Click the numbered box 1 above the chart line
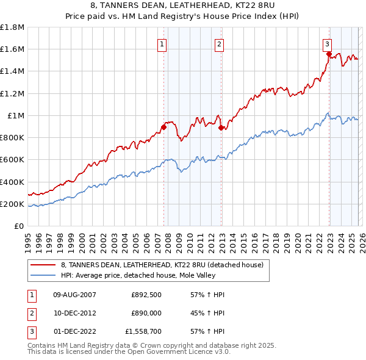pos(162,43)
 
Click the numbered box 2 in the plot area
pos(219,43)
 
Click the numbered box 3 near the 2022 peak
pos(328,43)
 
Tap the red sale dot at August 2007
pos(163,127)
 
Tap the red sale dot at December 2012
pos(221,128)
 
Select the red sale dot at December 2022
pos(329,54)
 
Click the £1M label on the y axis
pos(16,115)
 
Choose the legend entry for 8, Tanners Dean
pos(162,265)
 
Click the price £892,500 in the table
pos(146,294)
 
